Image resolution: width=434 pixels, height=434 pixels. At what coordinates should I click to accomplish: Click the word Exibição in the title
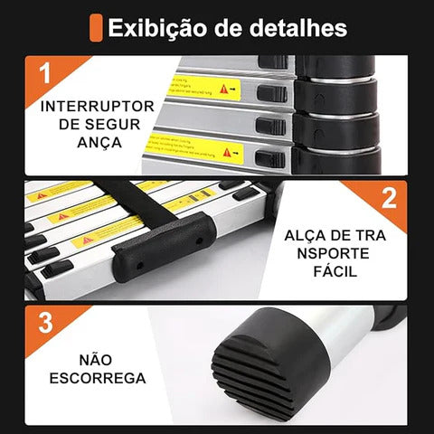coord(155,27)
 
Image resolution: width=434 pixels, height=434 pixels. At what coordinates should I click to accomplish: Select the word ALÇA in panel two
coord(306,234)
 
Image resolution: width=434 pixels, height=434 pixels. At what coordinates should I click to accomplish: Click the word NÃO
coord(91,359)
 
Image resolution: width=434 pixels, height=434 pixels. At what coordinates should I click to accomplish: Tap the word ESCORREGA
coord(91,378)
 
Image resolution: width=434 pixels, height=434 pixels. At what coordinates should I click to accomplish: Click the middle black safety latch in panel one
coord(270,124)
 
